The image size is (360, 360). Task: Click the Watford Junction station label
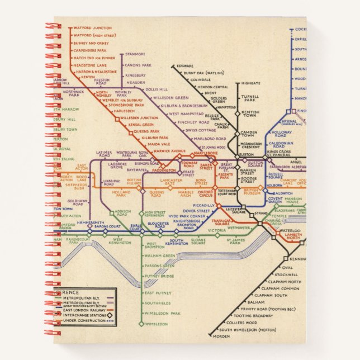(92, 28)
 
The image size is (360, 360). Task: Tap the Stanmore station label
(135, 54)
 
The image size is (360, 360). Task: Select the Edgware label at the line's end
(184, 66)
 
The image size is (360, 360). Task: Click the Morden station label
(221, 336)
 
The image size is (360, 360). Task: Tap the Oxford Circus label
(206, 194)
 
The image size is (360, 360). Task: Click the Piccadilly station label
(205, 205)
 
